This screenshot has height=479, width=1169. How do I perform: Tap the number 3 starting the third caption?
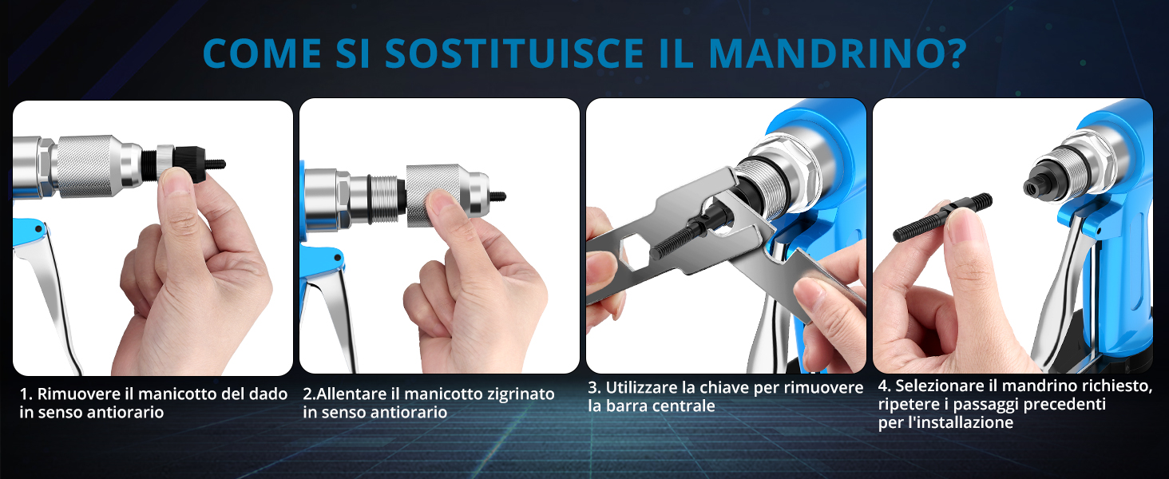pyautogui.click(x=592, y=388)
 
